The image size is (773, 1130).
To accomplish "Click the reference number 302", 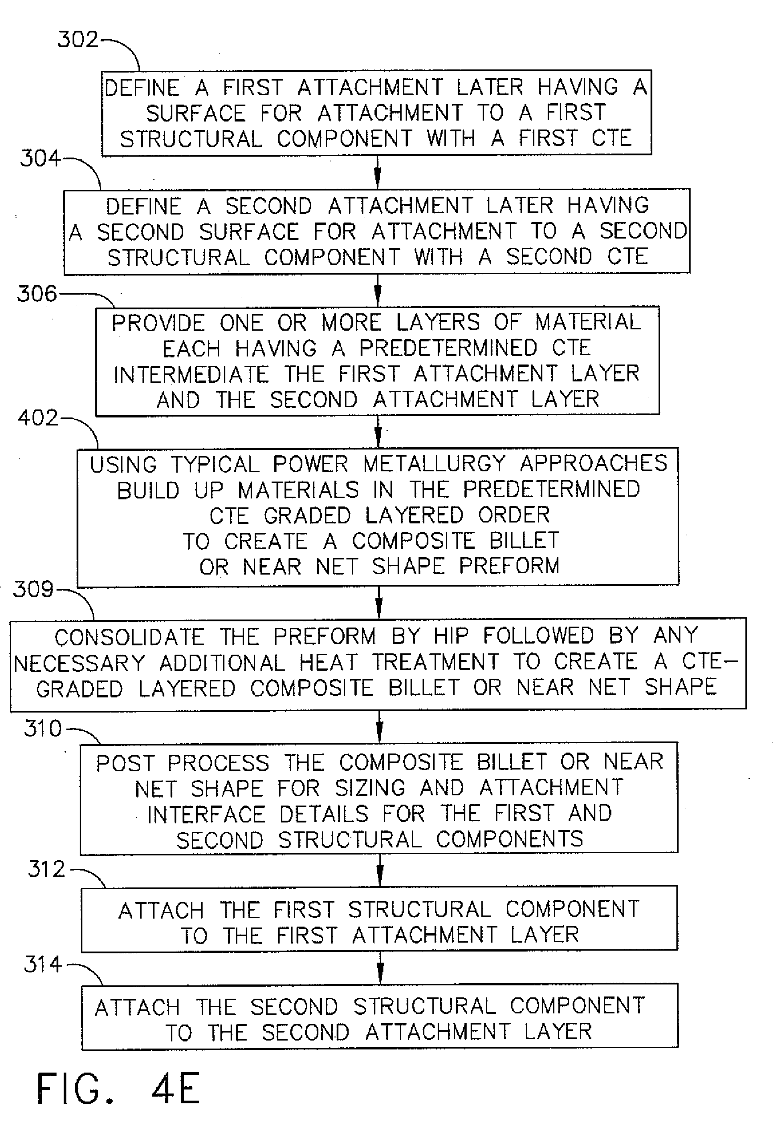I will click(x=78, y=39).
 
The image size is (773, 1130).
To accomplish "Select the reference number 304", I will click(x=41, y=158).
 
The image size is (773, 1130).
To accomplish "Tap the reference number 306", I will click(x=37, y=294).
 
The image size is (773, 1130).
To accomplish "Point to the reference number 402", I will click(x=38, y=417).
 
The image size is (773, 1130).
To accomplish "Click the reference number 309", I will click(x=33, y=589).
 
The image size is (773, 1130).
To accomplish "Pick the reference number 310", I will click(x=43, y=729).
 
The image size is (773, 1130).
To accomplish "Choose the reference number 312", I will click(x=47, y=869).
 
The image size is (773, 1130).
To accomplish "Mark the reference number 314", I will click(x=43, y=964).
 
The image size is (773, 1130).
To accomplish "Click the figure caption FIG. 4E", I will click(x=118, y=1089).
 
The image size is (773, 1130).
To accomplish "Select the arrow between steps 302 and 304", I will click(x=378, y=172).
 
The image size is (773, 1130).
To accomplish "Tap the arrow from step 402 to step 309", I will click(x=379, y=601).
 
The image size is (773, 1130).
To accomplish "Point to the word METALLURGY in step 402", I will click(x=435, y=464).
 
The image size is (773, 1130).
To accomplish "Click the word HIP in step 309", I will click(x=451, y=636).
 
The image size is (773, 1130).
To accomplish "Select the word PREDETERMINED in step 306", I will click(x=448, y=348).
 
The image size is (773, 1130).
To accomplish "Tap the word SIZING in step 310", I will click(x=370, y=788).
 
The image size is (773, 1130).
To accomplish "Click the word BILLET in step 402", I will click(x=524, y=541).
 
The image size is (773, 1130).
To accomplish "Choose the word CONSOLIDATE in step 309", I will click(x=130, y=637).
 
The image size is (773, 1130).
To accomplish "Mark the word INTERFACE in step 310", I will click(x=206, y=814).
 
